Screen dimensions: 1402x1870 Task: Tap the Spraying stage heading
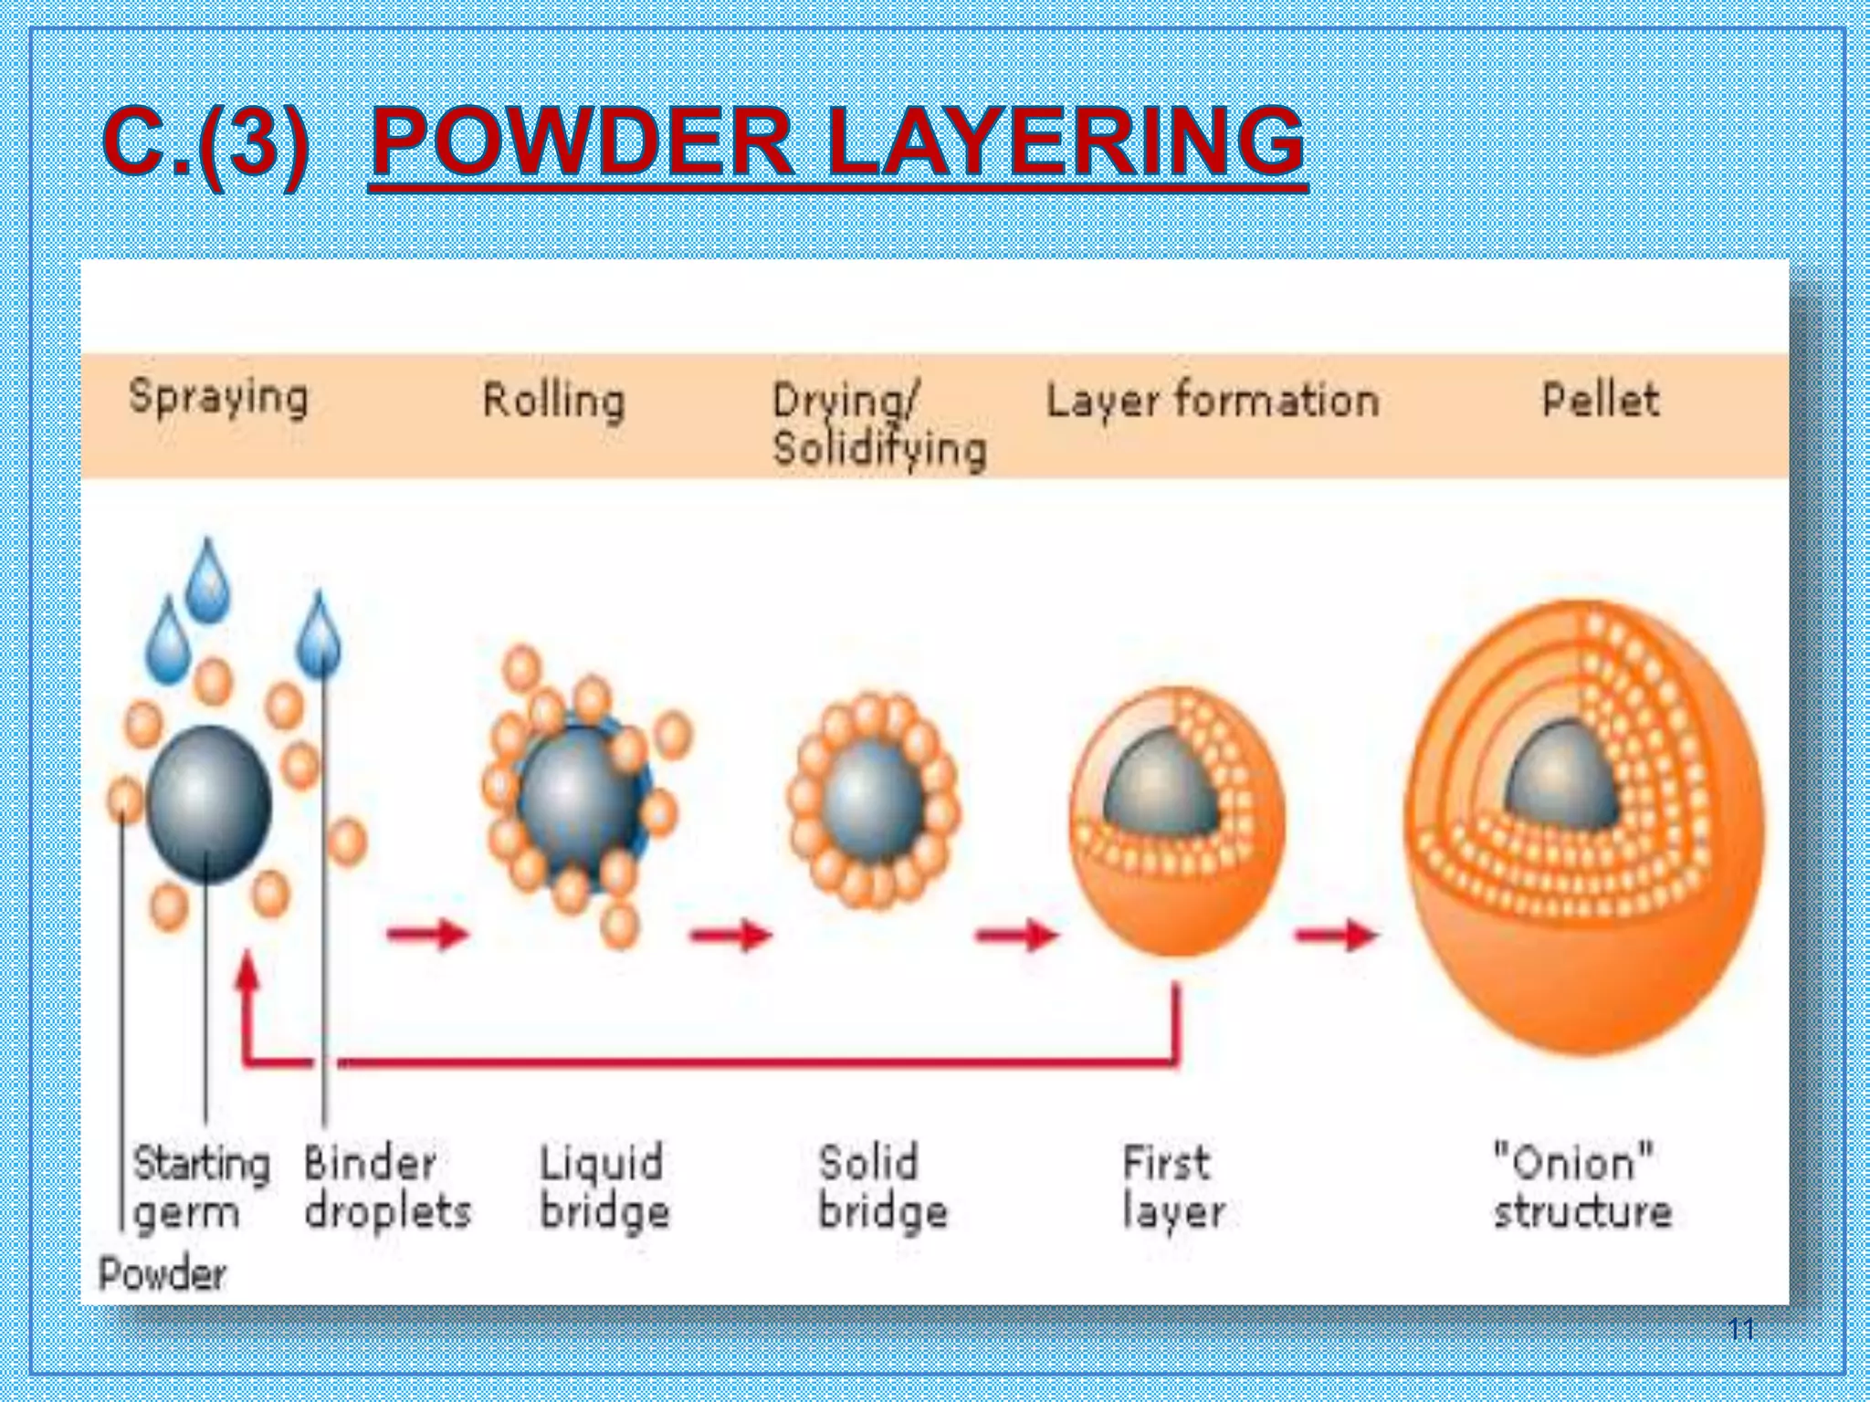pyautogui.click(x=219, y=398)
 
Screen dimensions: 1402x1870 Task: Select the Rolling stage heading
pyautogui.click(x=553, y=402)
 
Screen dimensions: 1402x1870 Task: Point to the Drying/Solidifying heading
pyautogui.click(x=878, y=425)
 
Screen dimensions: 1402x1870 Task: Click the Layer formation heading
pyautogui.click(x=1212, y=402)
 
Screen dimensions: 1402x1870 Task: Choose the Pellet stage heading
pyautogui.click(x=1601, y=400)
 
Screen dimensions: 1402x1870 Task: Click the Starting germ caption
pyautogui.click(x=201, y=1188)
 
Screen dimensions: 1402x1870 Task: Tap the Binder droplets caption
pyautogui.click(x=387, y=1188)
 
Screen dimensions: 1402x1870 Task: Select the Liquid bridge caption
pyautogui.click(x=604, y=1188)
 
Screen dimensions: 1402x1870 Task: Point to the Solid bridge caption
pyautogui.click(x=882, y=1188)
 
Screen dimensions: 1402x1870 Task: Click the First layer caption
pyautogui.click(x=1173, y=1188)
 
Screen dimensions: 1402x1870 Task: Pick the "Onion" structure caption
pyautogui.click(x=1582, y=1188)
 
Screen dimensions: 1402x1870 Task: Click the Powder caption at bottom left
pyautogui.click(x=163, y=1274)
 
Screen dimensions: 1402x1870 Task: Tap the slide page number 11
pyautogui.click(x=1741, y=1329)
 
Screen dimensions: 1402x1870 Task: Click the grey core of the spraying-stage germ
pyautogui.click(x=208, y=804)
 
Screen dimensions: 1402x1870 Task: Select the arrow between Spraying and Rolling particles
pyautogui.click(x=427, y=934)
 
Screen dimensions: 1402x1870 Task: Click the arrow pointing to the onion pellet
pyautogui.click(x=1336, y=935)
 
